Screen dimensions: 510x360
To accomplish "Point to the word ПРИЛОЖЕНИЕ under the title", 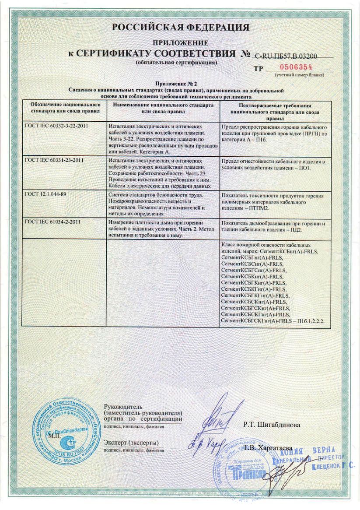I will (x=180, y=43).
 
